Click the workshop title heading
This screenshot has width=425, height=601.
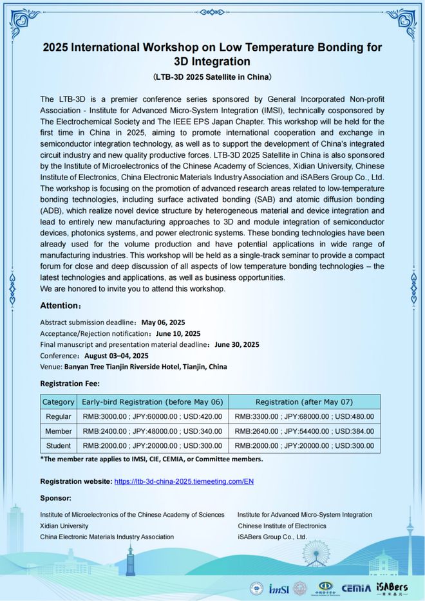[x=212, y=55]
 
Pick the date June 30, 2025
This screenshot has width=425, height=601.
[x=237, y=344]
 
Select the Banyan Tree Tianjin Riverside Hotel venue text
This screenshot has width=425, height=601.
[x=145, y=366]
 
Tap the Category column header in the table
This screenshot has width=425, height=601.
[x=58, y=402]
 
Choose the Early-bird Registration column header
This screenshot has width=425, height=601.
[x=152, y=402]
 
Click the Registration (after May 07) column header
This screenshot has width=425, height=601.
[x=304, y=402]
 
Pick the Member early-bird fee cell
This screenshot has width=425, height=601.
[x=152, y=431]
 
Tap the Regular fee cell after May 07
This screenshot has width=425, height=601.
[x=304, y=416]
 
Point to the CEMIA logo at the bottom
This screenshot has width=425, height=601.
[x=356, y=587]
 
